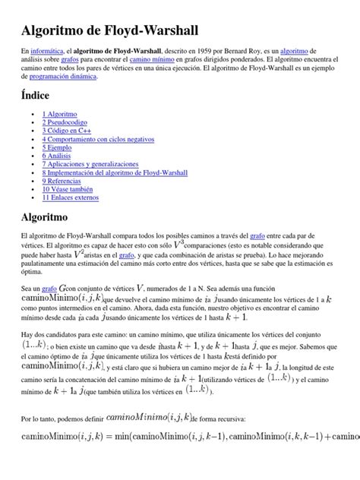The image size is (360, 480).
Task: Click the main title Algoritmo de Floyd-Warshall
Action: coord(111,30)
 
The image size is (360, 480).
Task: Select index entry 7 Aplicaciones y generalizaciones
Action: coord(90,164)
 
